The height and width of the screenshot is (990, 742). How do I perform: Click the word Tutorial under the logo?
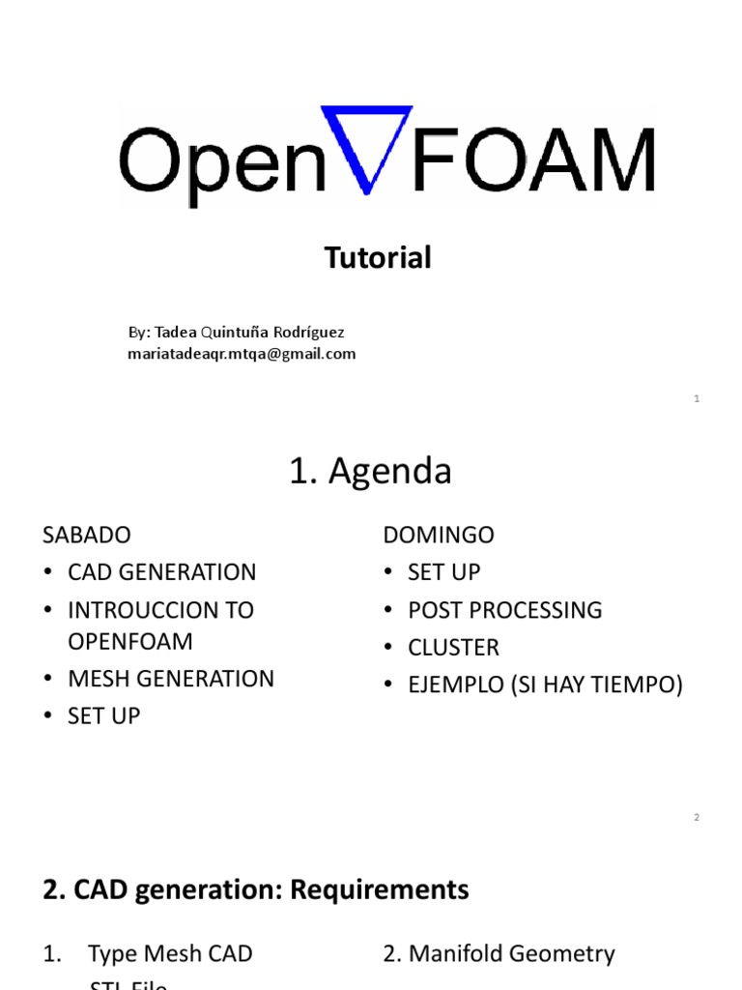[x=378, y=258]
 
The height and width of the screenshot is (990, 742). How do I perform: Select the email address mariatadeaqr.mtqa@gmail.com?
[x=242, y=354]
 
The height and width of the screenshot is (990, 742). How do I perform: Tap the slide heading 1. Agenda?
[x=370, y=472]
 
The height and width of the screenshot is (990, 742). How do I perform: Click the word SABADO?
[x=87, y=535]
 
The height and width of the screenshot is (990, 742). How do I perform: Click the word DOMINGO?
[x=439, y=535]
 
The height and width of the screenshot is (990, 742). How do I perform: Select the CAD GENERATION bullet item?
[x=161, y=572]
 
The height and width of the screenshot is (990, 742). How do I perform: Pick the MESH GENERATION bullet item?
[x=171, y=679]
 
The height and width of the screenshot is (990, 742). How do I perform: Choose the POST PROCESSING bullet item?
[x=504, y=610]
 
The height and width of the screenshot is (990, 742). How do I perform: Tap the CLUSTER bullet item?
[x=453, y=648]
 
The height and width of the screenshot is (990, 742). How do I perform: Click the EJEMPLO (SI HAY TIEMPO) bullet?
[x=545, y=685]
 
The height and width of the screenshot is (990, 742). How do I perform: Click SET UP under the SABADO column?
[x=103, y=716]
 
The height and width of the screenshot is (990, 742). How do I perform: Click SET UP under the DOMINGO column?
[x=443, y=572]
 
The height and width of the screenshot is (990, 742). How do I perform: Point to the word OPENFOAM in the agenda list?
[x=130, y=642]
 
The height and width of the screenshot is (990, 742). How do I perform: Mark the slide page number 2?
[x=696, y=818]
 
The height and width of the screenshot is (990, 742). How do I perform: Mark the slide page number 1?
[x=696, y=399]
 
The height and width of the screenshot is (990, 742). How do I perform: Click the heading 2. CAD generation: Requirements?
[x=256, y=889]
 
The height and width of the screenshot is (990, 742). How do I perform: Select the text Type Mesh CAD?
[x=170, y=954]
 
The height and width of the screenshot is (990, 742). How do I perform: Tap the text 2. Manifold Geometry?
[x=499, y=954]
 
